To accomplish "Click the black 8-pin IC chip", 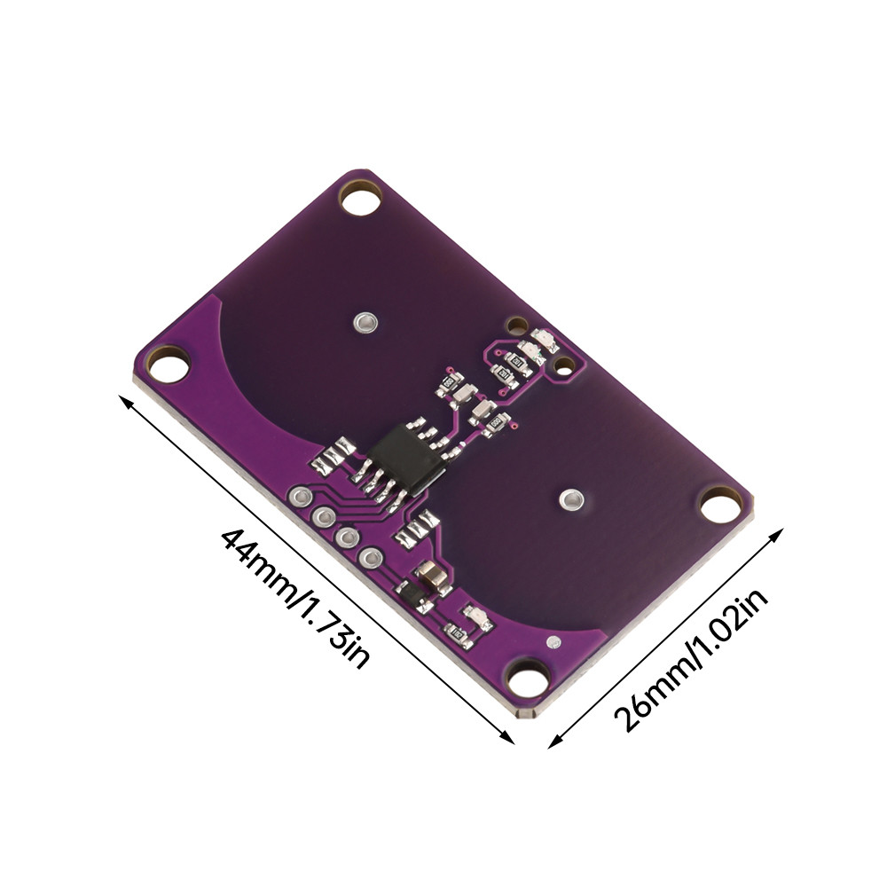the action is point(407,459).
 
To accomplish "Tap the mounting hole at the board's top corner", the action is point(360,198).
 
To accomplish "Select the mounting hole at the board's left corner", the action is point(168,365).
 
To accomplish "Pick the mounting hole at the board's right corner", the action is point(720,505).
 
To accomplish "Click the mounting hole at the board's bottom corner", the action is point(528,679).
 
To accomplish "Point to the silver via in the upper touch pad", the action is point(365,323).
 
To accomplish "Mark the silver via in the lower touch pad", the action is point(571,499).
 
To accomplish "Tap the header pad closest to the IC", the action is point(301,497).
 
